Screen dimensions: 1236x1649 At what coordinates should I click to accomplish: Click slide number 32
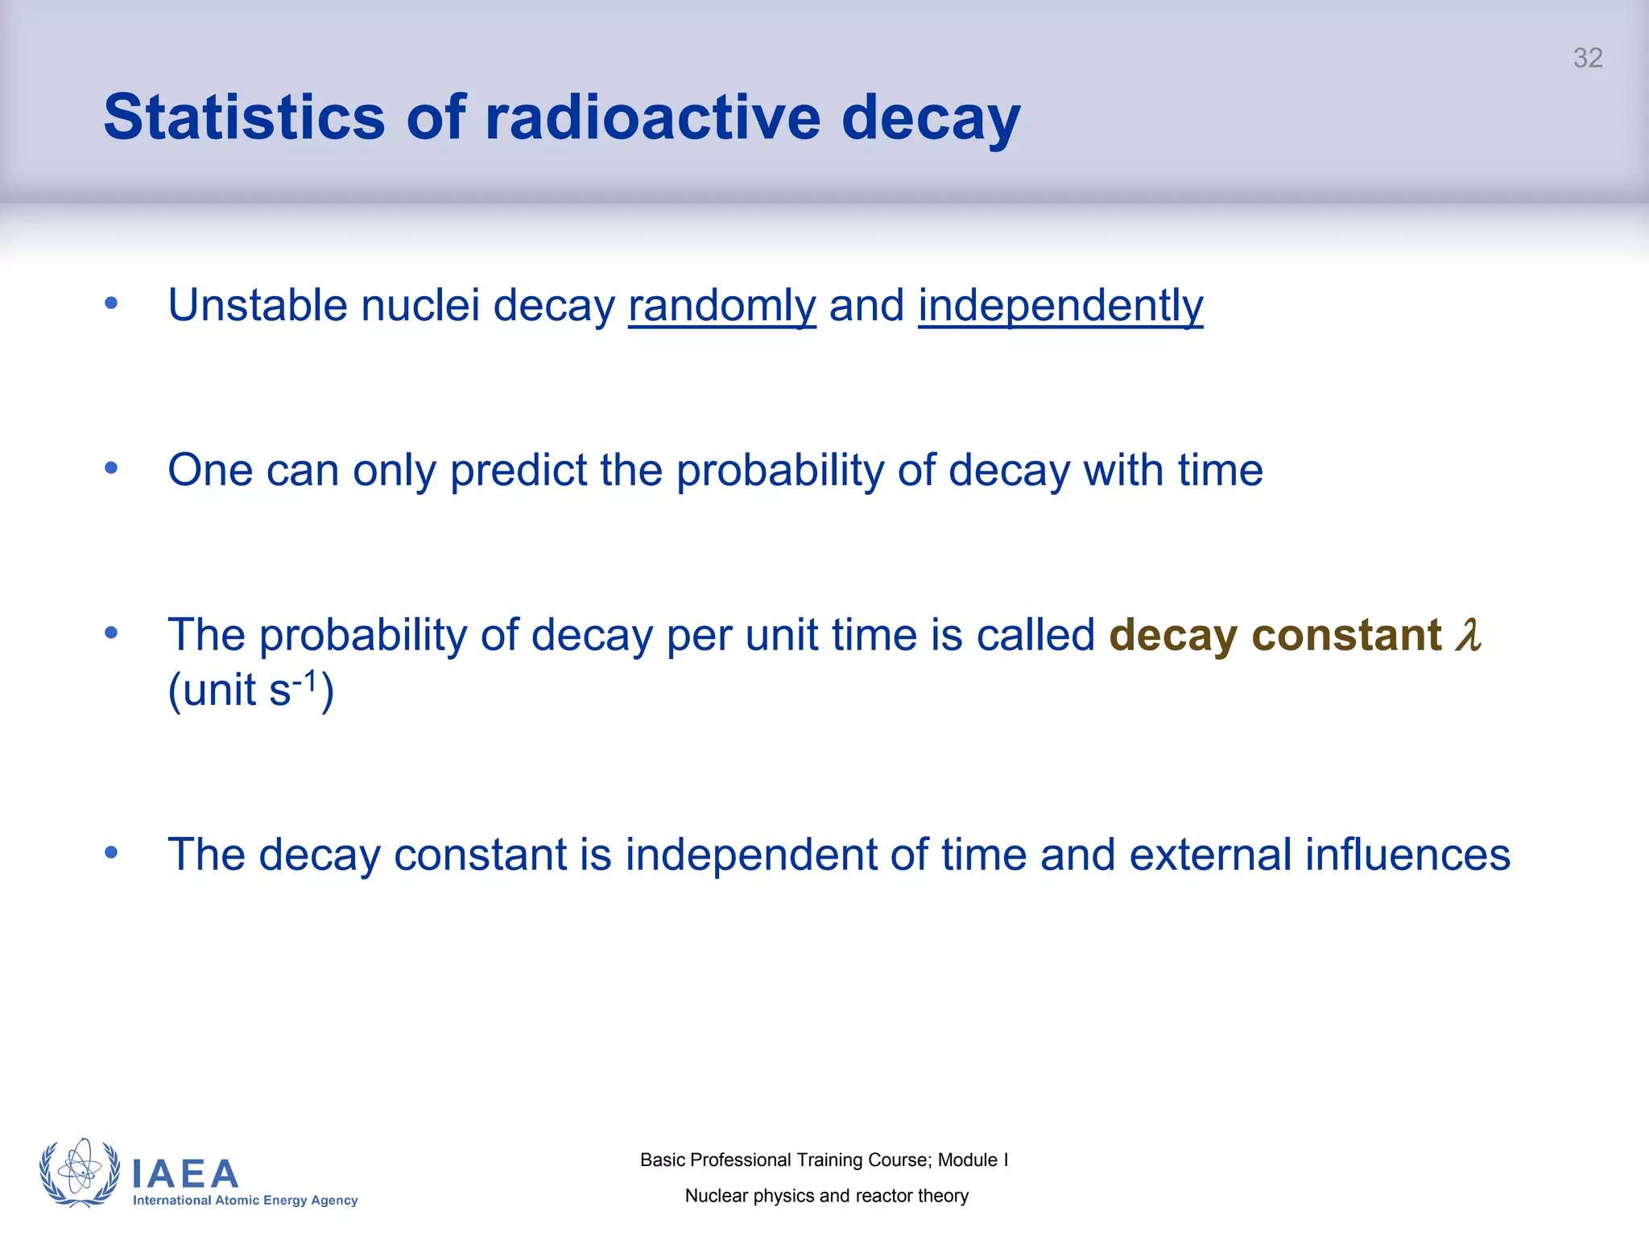(x=1587, y=58)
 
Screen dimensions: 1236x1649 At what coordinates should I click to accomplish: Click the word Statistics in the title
(x=244, y=118)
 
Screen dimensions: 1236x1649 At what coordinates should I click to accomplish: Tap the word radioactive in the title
(x=653, y=118)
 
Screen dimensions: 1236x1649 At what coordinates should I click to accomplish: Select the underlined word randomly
(x=721, y=307)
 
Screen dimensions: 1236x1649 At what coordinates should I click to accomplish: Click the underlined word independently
(x=1060, y=307)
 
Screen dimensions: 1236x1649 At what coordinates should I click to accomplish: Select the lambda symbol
(x=1468, y=635)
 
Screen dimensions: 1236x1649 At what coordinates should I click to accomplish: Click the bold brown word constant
(x=1346, y=635)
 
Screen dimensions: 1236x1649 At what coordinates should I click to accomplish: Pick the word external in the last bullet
(x=1210, y=855)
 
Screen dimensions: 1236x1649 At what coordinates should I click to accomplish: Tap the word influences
(x=1407, y=855)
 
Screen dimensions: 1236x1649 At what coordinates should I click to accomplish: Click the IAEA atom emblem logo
(x=80, y=1173)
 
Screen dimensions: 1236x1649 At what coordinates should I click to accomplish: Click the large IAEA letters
(x=185, y=1174)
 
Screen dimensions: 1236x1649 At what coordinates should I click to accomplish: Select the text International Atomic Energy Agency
(x=245, y=1201)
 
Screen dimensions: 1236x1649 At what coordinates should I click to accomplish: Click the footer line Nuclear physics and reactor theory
(x=826, y=1196)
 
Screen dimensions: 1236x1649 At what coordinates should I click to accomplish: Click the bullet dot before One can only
(x=111, y=468)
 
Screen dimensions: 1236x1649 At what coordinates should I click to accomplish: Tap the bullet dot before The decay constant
(x=111, y=852)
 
